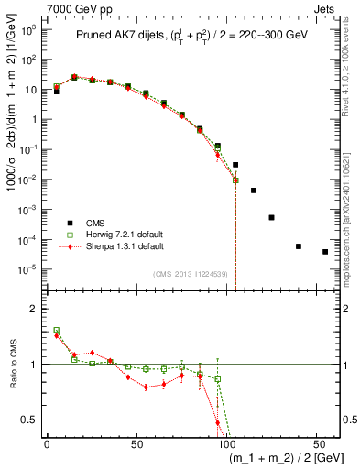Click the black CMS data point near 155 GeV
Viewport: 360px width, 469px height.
[x=325, y=252]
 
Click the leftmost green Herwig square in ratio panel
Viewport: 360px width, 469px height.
[x=56, y=331]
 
